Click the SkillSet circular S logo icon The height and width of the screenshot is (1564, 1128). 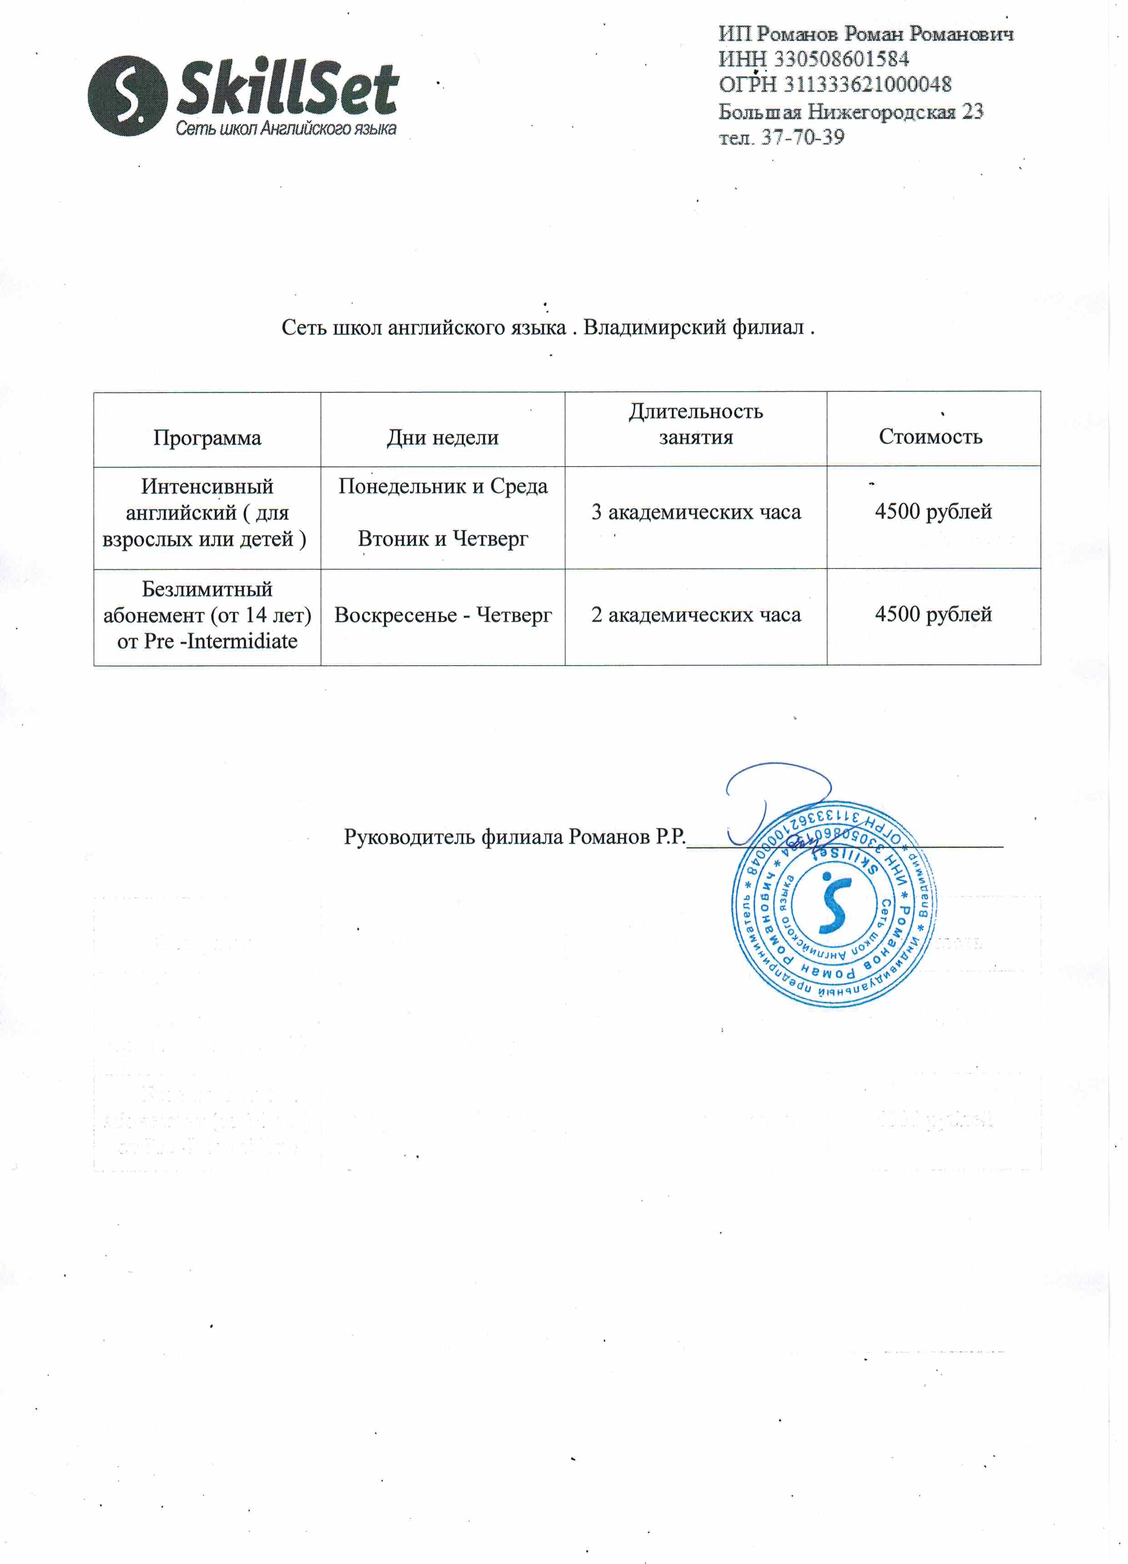[127, 96]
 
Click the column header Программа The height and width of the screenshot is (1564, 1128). [207, 438]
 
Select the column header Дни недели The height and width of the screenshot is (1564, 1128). [443, 437]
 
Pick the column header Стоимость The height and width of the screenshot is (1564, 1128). [930, 436]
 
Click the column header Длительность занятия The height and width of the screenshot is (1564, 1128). [696, 424]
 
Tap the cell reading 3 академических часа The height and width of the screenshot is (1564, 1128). [696, 511]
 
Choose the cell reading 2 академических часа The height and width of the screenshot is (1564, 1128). [696, 614]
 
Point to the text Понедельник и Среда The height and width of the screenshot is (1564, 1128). [443, 486]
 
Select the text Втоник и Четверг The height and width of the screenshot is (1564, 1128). [443, 539]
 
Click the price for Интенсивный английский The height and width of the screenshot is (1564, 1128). [933, 511]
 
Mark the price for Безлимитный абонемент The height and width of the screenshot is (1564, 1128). [933, 614]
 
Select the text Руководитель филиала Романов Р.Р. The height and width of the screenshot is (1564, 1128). [514, 837]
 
